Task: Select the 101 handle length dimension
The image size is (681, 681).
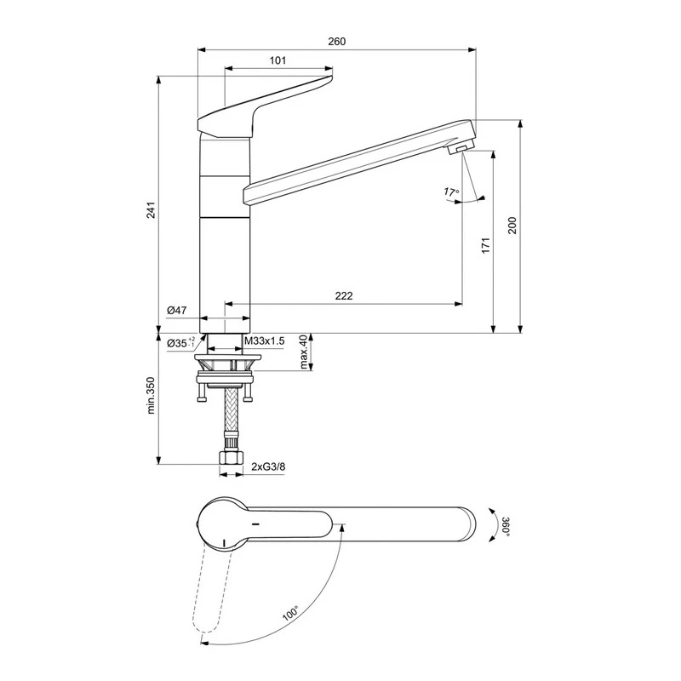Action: point(277,60)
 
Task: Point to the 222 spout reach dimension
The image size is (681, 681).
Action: point(343,295)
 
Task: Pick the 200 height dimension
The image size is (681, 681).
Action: point(512,225)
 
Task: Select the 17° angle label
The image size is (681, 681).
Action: point(450,192)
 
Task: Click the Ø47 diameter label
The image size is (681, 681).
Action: point(177,312)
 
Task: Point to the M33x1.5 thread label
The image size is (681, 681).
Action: point(264,341)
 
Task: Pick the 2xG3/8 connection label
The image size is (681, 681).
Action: point(268,466)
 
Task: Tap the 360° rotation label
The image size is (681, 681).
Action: point(504,525)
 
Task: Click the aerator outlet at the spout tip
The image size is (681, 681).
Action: point(459,150)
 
